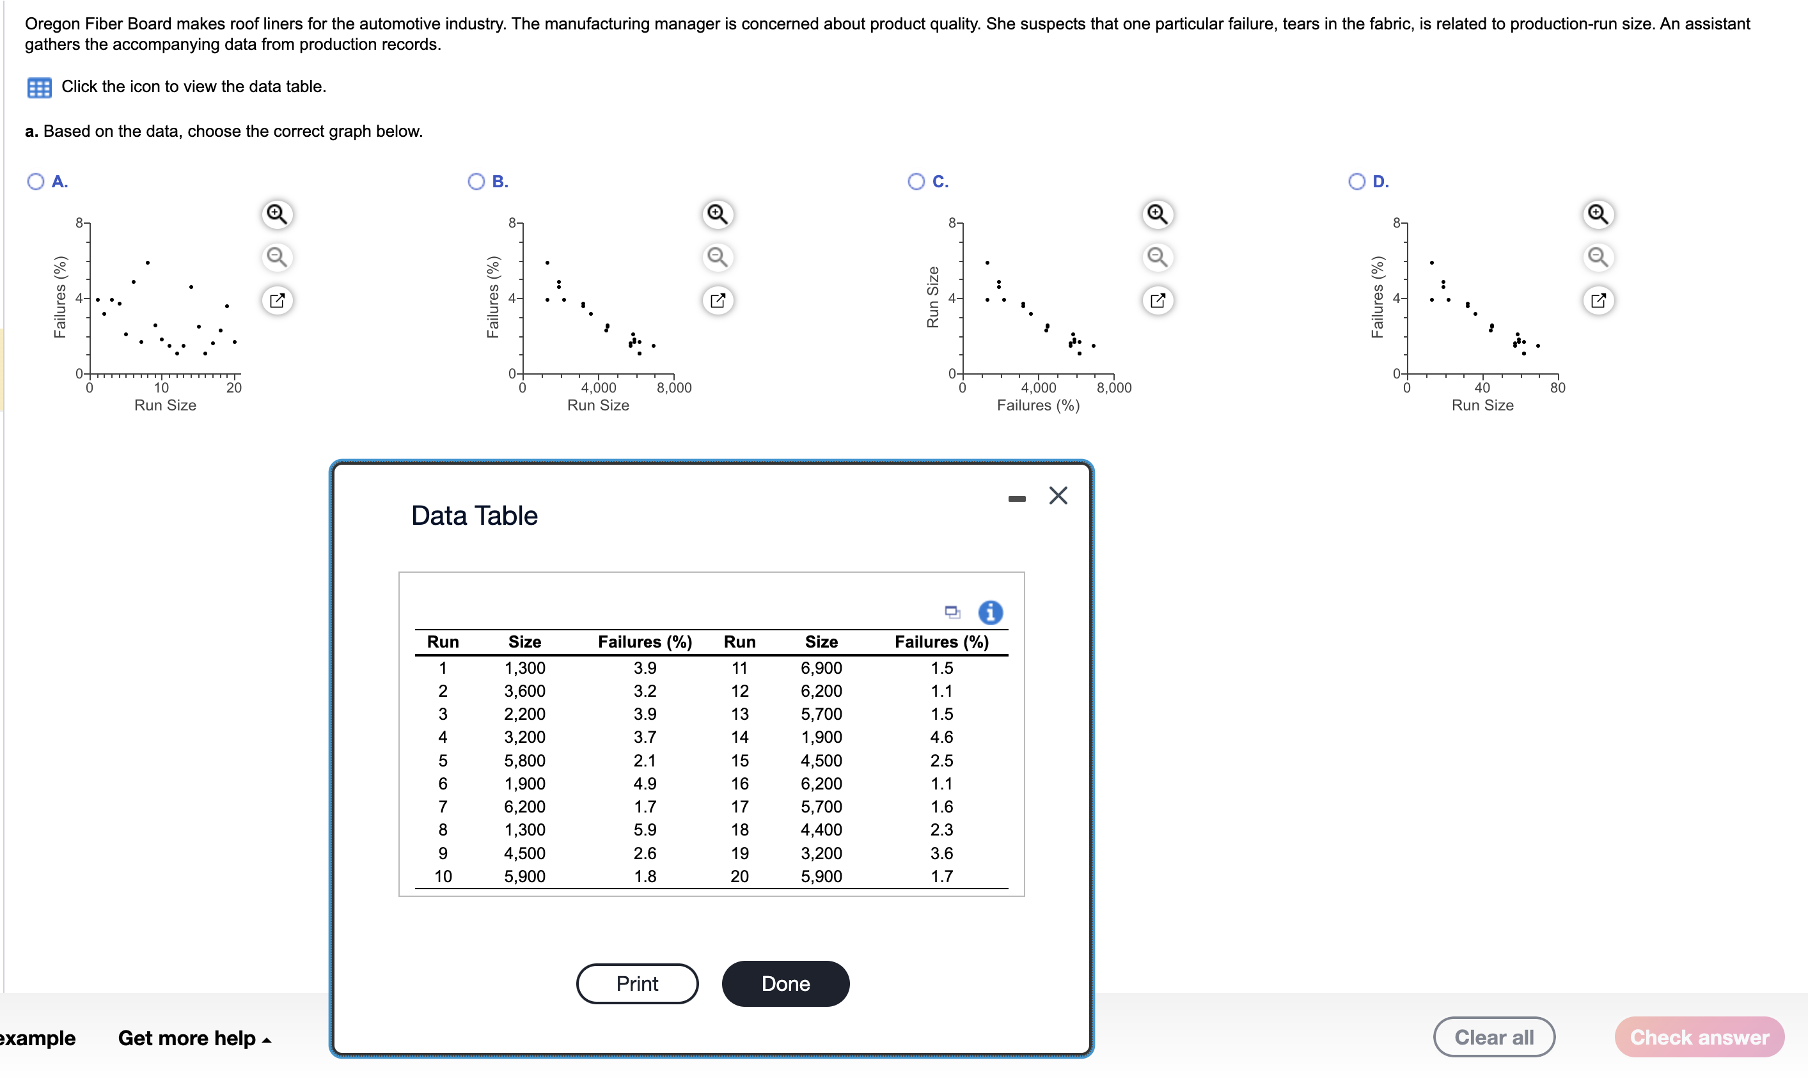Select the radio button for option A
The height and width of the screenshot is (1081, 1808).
[x=36, y=182]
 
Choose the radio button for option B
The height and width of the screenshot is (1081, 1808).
[x=476, y=182]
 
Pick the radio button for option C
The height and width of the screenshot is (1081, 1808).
[x=916, y=182]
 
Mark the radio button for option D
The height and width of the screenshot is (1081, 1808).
[x=1356, y=182]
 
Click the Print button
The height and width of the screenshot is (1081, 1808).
[x=636, y=983]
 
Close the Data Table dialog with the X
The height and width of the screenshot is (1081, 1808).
[x=1057, y=496]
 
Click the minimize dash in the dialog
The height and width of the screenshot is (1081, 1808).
[x=1017, y=499]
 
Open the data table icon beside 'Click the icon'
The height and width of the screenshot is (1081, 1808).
[x=40, y=88]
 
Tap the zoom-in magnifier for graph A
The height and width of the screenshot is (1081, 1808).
[x=277, y=214]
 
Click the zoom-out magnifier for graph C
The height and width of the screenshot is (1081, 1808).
[x=1157, y=257]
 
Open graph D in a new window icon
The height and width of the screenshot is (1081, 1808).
[x=1598, y=300]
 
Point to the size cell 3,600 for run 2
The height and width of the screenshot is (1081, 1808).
[x=524, y=690]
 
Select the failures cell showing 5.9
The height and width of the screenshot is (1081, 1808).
[x=644, y=830]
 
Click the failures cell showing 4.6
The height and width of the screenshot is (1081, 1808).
[x=941, y=737]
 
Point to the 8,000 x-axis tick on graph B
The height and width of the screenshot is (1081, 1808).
[x=674, y=387]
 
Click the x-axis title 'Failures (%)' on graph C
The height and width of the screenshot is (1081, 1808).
[x=1038, y=406]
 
